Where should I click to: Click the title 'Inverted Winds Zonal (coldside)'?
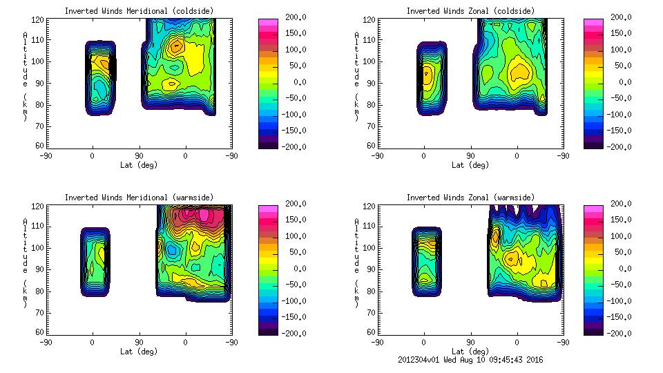click(470, 11)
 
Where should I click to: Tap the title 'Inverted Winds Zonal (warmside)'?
click(470, 198)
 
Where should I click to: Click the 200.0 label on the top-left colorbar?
click(293, 17)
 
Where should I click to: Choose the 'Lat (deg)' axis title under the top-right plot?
click(470, 165)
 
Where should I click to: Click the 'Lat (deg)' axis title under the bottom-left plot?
click(138, 352)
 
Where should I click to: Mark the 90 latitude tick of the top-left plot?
click(139, 156)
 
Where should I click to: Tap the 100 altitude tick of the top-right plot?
click(371, 61)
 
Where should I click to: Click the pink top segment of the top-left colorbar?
click(267, 23)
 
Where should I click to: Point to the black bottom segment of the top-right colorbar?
click(593, 144)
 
